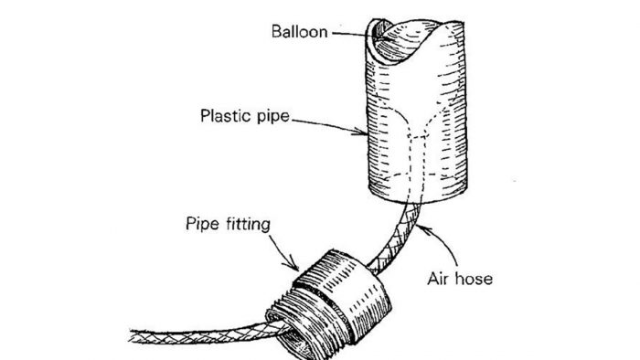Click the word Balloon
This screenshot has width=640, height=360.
[298, 31]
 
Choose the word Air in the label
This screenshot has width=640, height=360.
[437, 277]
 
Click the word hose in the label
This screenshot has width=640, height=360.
[472, 277]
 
